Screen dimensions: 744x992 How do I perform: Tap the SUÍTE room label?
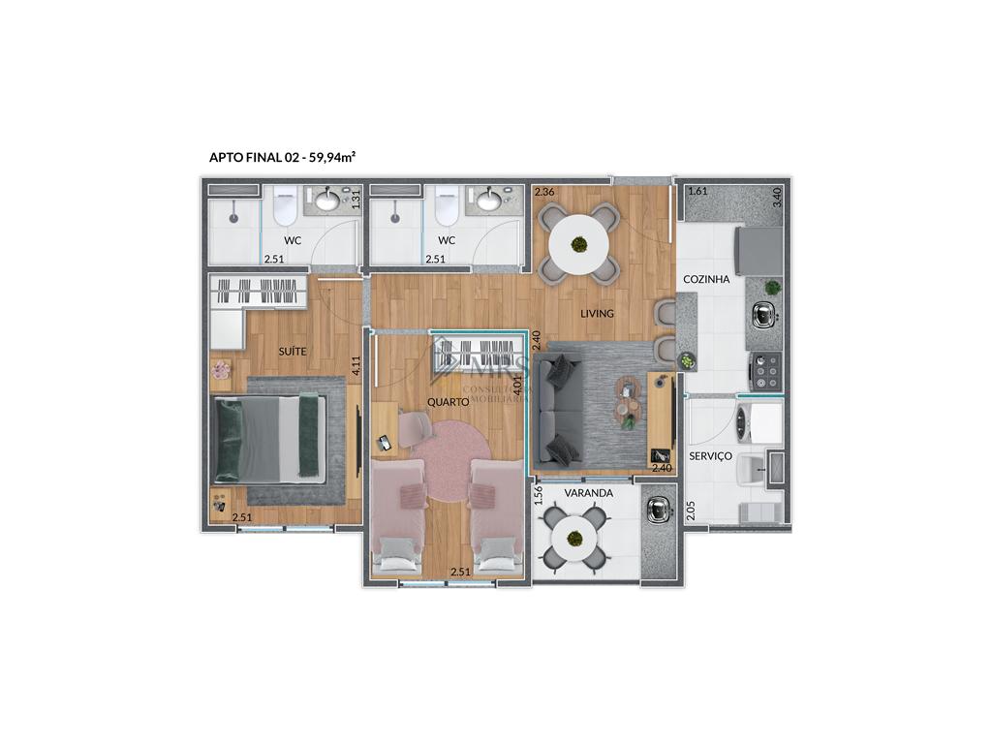[293, 351]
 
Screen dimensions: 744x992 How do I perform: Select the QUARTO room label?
[448, 401]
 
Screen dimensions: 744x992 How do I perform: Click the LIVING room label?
[598, 313]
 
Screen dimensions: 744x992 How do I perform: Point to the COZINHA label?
[706, 279]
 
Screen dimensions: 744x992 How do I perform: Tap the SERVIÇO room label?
[710, 455]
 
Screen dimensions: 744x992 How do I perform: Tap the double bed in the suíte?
[273, 438]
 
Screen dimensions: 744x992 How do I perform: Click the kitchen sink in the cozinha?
[764, 314]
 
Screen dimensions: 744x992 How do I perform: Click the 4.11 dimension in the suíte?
[356, 365]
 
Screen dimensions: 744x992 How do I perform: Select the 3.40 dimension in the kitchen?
[776, 200]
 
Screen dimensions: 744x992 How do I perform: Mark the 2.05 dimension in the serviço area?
[691, 510]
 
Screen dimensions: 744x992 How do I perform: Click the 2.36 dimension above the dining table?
[544, 191]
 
